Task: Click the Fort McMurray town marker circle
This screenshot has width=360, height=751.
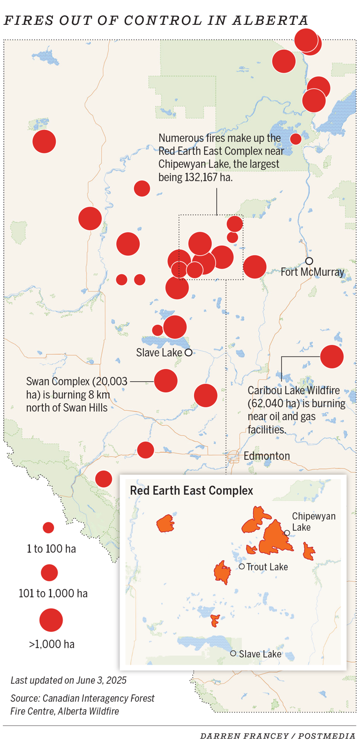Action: (309, 261)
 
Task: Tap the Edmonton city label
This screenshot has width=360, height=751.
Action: (266, 456)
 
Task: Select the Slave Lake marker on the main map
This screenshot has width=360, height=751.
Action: (188, 353)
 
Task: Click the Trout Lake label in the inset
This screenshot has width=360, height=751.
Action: (267, 567)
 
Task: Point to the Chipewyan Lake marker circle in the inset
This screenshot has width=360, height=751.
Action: (287, 533)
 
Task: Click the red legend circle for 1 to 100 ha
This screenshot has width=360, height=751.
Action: (48, 528)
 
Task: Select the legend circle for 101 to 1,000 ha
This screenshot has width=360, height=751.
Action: (49, 572)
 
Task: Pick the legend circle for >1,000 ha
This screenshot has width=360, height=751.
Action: (51, 620)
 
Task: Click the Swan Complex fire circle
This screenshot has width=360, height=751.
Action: (165, 381)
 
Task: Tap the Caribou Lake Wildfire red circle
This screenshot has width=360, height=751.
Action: (332, 357)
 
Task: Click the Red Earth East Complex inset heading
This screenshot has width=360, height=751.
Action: (191, 491)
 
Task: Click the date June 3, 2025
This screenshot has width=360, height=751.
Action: (102, 680)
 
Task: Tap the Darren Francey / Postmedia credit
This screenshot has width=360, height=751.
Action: (277, 736)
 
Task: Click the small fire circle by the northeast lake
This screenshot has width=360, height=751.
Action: (296, 139)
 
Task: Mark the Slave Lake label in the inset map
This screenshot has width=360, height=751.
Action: (260, 654)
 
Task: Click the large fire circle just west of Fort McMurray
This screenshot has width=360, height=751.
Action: (255, 267)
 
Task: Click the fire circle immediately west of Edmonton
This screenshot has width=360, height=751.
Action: (146, 450)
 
